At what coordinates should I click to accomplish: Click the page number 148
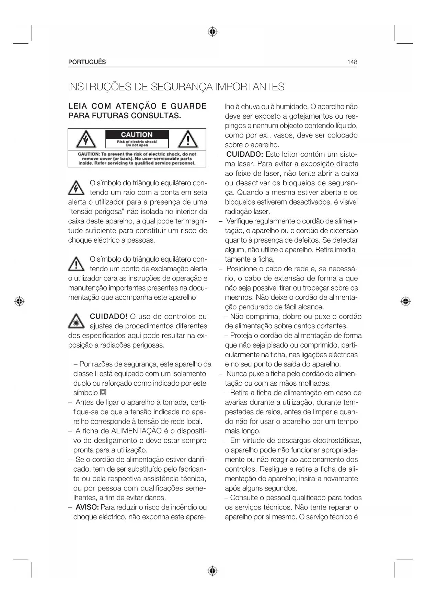point(352,62)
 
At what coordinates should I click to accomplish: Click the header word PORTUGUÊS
point(87,62)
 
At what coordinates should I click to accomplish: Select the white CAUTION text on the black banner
point(137,135)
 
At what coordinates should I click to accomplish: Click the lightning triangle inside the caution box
point(85,140)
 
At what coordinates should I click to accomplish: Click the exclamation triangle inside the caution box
point(188,140)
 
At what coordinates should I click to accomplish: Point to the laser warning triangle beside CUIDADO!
point(76,321)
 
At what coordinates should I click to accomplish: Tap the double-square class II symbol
point(103,393)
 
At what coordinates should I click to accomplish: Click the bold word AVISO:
point(87,507)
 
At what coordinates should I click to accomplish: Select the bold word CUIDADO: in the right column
point(244,154)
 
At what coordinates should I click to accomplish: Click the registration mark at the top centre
point(213,32)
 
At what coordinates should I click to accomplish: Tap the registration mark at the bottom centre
point(213,571)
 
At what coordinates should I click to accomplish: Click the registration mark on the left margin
point(20,301)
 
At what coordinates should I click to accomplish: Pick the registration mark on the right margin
point(406,301)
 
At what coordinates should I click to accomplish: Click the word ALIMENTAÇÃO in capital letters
point(136,431)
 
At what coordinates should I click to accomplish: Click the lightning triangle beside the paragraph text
point(76,188)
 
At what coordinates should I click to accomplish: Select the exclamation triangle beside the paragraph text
point(76,264)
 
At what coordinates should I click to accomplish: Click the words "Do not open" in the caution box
point(137,145)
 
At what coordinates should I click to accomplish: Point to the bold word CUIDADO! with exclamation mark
point(108,316)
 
